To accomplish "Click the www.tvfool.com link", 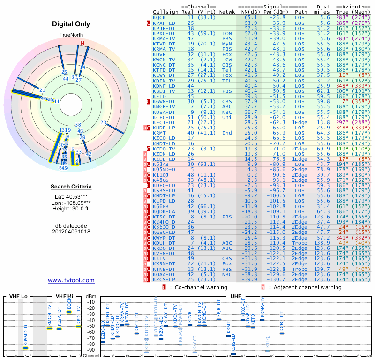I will click(x=71, y=280).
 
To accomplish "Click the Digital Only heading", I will click(x=71, y=23).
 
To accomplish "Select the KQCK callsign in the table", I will click(x=159, y=17).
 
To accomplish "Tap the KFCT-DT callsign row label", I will click(x=164, y=122).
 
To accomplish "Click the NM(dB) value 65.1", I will click(x=251, y=17).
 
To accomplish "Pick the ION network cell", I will click(x=227, y=33).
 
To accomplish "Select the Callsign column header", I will click(x=165, y=12).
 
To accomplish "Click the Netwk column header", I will click(x=227, y=12).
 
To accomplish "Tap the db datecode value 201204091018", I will click(x=71, y=231).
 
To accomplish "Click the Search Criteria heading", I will click(x=71, y=187).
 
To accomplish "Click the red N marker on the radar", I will click(x=82, y=43).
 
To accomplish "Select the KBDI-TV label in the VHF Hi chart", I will click(x=79, y=313).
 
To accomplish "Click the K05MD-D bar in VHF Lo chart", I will click(x=26, y=348).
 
